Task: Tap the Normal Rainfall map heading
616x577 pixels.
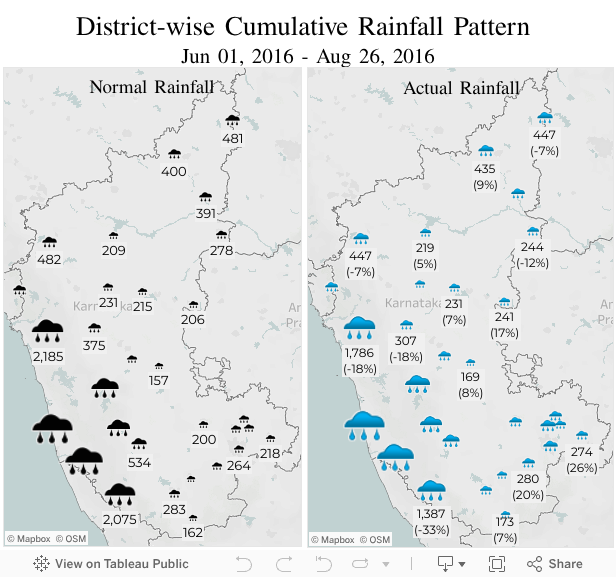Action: tap(151, 87)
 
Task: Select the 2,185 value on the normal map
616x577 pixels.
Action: tap(48, 356)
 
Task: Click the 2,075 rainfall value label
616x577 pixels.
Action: tap(119, 519)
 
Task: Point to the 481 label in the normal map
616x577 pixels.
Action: tap(232, 138)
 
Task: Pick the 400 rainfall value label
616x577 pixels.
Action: tap(174, 171)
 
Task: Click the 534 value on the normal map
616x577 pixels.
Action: tap(139, 462)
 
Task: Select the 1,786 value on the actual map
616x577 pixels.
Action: tap(359, 353)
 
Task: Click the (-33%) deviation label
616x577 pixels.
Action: tap(431, 530)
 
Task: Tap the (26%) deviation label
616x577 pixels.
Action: tap(582, 468)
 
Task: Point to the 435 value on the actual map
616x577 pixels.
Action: tap(485, 169)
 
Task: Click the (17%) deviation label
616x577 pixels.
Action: tap(504, 333)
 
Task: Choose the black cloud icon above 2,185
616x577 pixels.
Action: tap(48, 328)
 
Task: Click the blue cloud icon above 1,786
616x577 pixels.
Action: tap(360, 325)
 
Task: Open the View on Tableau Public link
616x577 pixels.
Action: tap(111, 564)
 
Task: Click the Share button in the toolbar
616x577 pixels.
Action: tap(555, 564)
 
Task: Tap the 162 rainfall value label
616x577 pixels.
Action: tap(193, 532)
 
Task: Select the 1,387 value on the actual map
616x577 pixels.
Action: tap(431, 513)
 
